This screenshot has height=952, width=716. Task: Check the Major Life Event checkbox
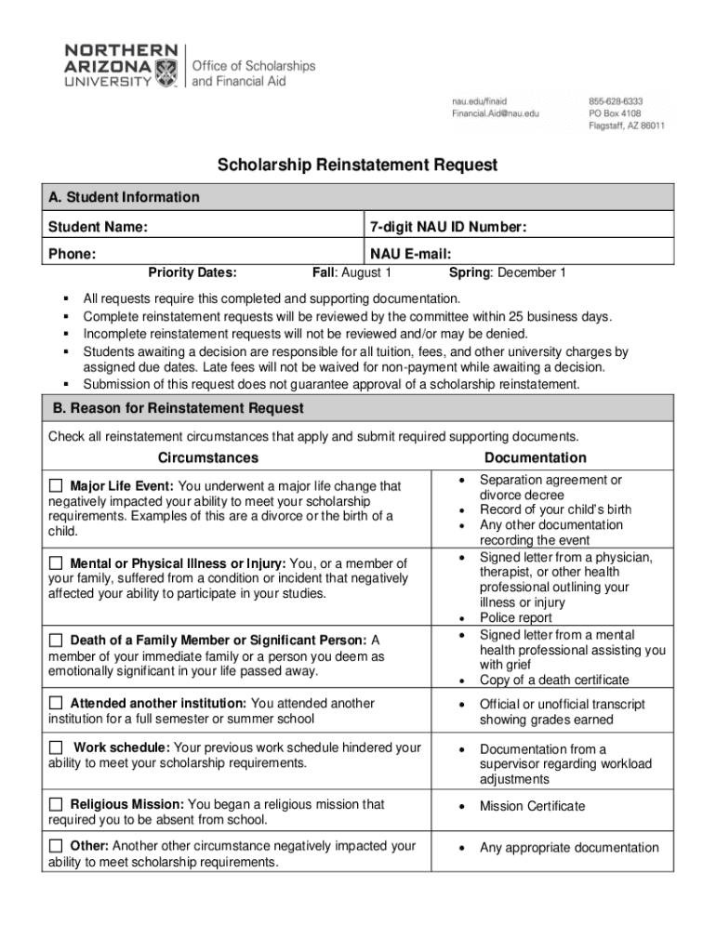pos(56,486)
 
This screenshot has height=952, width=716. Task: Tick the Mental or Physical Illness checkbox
pos(56,563)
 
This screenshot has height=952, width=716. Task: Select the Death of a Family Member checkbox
pos(56,641)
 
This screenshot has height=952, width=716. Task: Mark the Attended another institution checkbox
pos(56,704)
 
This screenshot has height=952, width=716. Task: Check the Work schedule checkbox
pos(56,748)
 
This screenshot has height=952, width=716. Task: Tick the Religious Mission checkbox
pos(56,804)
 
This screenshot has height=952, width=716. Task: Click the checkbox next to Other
pos(56,846)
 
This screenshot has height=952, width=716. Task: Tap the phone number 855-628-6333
pos(615,100)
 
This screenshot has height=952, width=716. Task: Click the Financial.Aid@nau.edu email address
pos(495,112)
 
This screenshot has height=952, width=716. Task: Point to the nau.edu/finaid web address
pos(480,100)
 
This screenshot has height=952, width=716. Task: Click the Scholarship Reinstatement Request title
pos(358,165)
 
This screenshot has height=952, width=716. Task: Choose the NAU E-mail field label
pos(410,254)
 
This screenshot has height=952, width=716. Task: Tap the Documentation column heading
pos(535,457)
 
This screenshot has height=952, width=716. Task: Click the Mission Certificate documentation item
pos(532,806)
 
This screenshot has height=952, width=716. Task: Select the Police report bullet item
pos(515,618)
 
